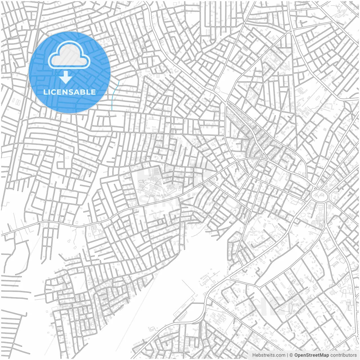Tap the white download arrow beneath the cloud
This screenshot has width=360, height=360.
66,77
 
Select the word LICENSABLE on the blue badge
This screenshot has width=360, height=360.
69,92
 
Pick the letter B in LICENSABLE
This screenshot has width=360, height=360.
83,92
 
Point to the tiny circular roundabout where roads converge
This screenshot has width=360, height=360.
290,32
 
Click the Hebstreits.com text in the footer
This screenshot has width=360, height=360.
269,355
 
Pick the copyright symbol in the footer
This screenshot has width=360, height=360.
291,355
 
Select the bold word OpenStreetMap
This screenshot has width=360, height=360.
312,355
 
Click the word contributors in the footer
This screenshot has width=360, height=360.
343,355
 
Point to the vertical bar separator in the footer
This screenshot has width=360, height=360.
287,355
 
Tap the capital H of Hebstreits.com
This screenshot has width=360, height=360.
254,355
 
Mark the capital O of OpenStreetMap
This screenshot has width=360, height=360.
296,355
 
